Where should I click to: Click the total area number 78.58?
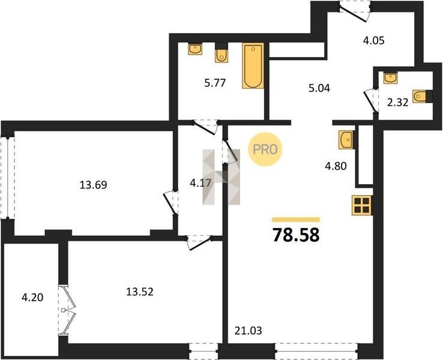point(296,235)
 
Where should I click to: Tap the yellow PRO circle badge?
point(265,149)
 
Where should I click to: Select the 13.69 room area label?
point(93,185)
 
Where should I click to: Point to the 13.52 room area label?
point(140,292)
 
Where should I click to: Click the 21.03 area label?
point(249,331)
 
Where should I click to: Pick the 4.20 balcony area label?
point(32,298)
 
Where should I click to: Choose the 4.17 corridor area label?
point(200,183)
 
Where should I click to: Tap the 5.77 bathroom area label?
point(215,83)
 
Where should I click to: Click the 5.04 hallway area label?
point(319,88)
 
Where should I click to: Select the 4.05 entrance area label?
point(374,41)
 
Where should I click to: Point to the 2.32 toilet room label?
point(398,103)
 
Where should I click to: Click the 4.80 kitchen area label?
point(336,166)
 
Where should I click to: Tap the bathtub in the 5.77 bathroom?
point(253,66)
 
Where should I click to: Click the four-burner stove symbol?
point(362,205)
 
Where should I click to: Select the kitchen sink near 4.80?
point(346,139)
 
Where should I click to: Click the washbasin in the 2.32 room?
point(390,77)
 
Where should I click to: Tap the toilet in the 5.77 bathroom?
point(221,53)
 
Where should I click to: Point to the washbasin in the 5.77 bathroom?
point(195,49)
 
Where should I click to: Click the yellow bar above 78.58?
point(296,220)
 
